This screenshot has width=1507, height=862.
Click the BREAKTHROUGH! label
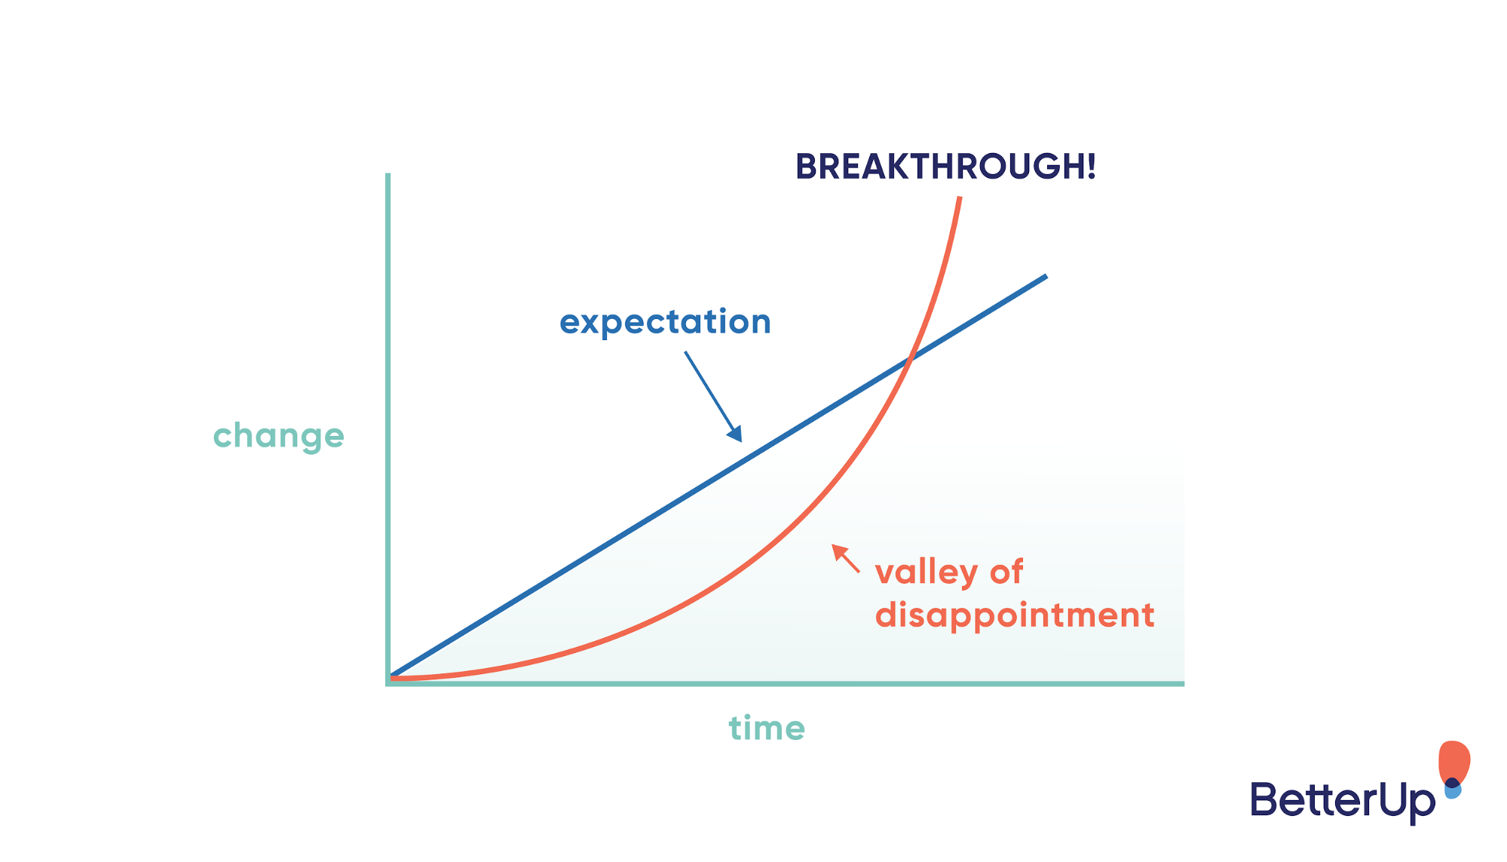[945, 167]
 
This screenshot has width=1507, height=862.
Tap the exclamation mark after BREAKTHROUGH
[1090, 167]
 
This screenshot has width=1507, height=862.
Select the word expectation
[665, 323]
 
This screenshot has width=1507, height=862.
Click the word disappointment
[1014, 615]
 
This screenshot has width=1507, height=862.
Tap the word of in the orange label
[1006, 572]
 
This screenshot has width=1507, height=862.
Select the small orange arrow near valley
[844, 557]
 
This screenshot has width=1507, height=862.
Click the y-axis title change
[278, 436]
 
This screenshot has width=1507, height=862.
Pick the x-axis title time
[767, 729]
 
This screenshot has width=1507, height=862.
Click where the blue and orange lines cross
[910, 360]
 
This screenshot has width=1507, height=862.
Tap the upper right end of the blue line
[1045, 277]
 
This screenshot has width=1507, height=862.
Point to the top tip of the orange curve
[960, 198]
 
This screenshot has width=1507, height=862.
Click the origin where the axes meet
[388, 683]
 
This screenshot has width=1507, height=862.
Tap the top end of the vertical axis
[387, 175]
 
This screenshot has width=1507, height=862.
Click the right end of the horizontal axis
[1182, 683]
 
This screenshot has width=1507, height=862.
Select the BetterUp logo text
[1342, 801]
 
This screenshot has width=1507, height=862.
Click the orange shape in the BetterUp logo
[1454, 760]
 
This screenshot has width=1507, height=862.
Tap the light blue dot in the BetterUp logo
[1453, 792]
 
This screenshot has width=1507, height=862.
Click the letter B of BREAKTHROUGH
[807, 167]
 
